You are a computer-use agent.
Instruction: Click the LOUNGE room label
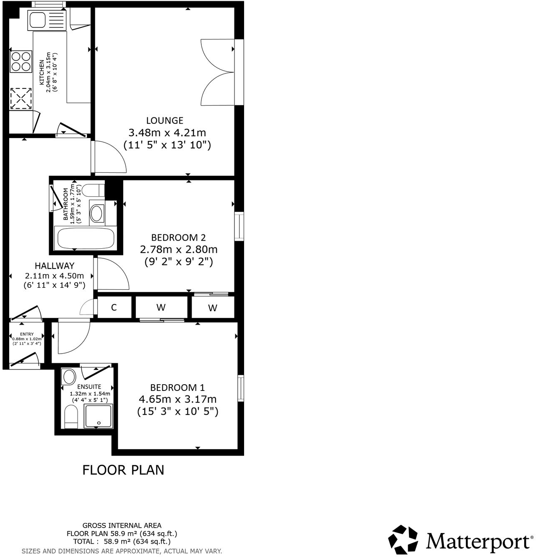pyautogui.click(x=164, y=121)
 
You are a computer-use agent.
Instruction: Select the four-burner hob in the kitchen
pyautogui.click(x=21, y=61)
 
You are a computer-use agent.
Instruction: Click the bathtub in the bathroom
pyautogui.click(x=86, y=239)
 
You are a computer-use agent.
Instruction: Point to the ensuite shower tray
pyautogui.click(x=98, y=416)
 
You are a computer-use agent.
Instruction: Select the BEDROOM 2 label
pyautogui.click(x=178, y=237)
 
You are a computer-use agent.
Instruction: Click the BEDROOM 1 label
pyautogui.click(x=177, y=388)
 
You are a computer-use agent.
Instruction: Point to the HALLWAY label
pyautogui.click(x=55, y=266)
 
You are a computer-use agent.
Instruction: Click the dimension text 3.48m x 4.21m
pyautogui.click(x=167, y=133)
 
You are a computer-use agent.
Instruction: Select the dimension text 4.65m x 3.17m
pyautogui.click(x=177, y=399)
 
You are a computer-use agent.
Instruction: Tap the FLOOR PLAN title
pyautogui.click(x=123, y=470)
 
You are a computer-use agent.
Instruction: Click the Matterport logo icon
pyautogui.click(x=403, y=539)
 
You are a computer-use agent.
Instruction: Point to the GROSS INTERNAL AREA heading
pyautogui.click(x=122, y=525)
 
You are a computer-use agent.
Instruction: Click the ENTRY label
pyautogui.click(x=27, y=334)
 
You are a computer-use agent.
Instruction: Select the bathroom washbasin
pyautogui.click(x=96, y=213)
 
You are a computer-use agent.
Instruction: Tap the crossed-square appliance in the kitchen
pyautogui.click(x=21, y=99)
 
